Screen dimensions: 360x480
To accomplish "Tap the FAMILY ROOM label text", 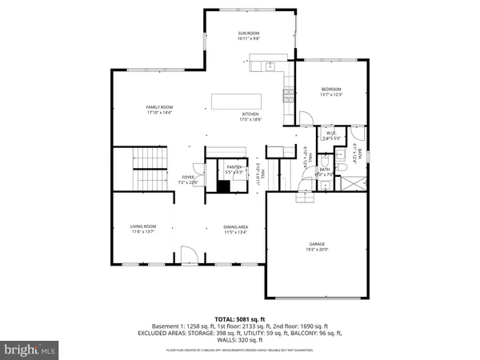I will [x=159, y=106].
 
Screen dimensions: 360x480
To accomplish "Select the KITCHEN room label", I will [x=251, y=114].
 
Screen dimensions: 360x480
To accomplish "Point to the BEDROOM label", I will [x=331, y=89].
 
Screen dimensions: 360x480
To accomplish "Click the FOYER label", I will [x=188, y=177].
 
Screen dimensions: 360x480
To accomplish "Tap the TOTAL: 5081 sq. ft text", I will [x=240, y=318].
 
